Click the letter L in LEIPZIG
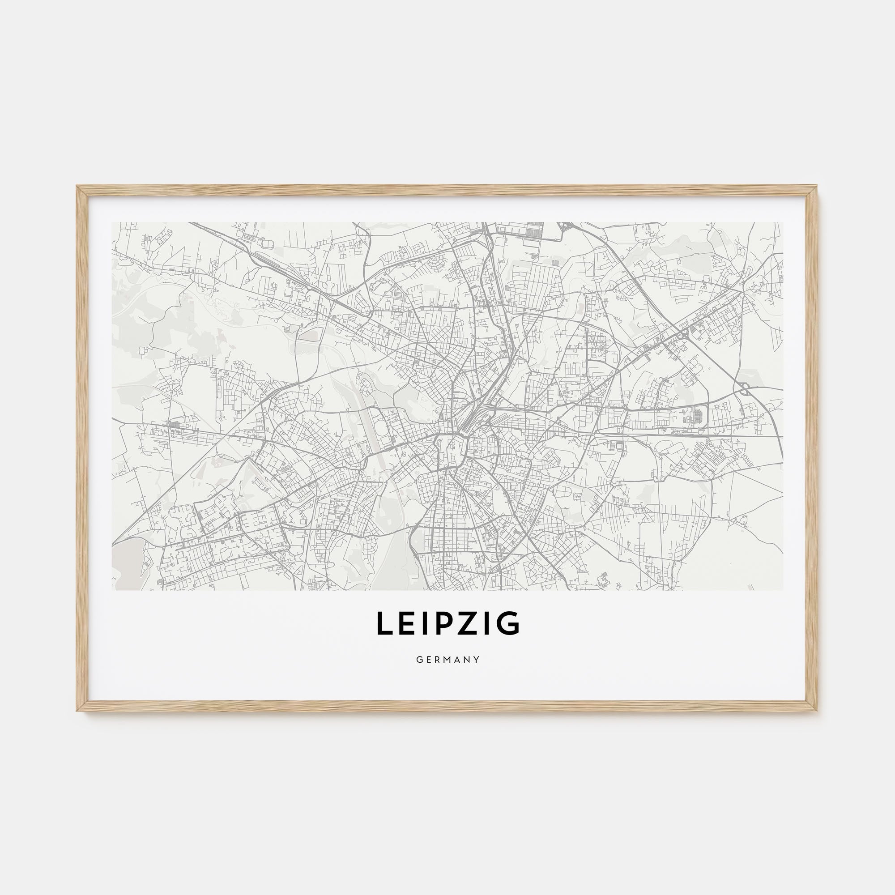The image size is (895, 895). [384, 623]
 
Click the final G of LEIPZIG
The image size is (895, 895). [508, 623]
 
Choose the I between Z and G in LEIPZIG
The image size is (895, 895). [486, 623]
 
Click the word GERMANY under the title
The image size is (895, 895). [447, 660]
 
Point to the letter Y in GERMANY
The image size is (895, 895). [477, 660]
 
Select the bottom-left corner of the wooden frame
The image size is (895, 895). [78, 711]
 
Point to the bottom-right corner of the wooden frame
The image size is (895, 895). [817, 711]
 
